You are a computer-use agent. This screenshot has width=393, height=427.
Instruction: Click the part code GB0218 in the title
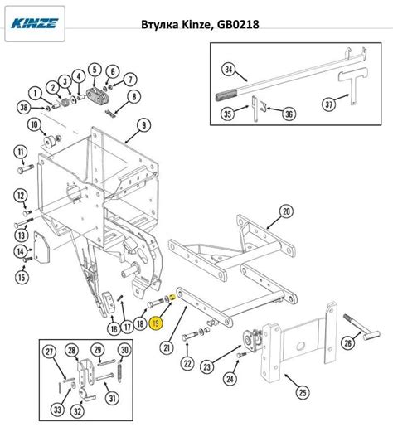[x=238, y=25]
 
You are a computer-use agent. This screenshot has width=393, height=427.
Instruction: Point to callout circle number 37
[x=330, y=105]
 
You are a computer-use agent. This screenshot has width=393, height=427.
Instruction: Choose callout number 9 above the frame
[x=143, y=125]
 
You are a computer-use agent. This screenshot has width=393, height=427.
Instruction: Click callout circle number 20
[x=286, y=211]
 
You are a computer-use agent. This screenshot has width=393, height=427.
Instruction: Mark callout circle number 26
[x=348, y=340]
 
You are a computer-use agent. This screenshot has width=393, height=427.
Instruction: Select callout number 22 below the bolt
[x=187, y=363]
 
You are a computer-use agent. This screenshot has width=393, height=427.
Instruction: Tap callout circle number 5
[x=95, y=70]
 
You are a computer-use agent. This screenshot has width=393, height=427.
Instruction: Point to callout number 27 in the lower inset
[x=51, y=352]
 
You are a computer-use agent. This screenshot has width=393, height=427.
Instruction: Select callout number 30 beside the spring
[x=124, y=351]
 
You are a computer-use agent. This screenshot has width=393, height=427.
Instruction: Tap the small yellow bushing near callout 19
[x=169, y=297]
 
